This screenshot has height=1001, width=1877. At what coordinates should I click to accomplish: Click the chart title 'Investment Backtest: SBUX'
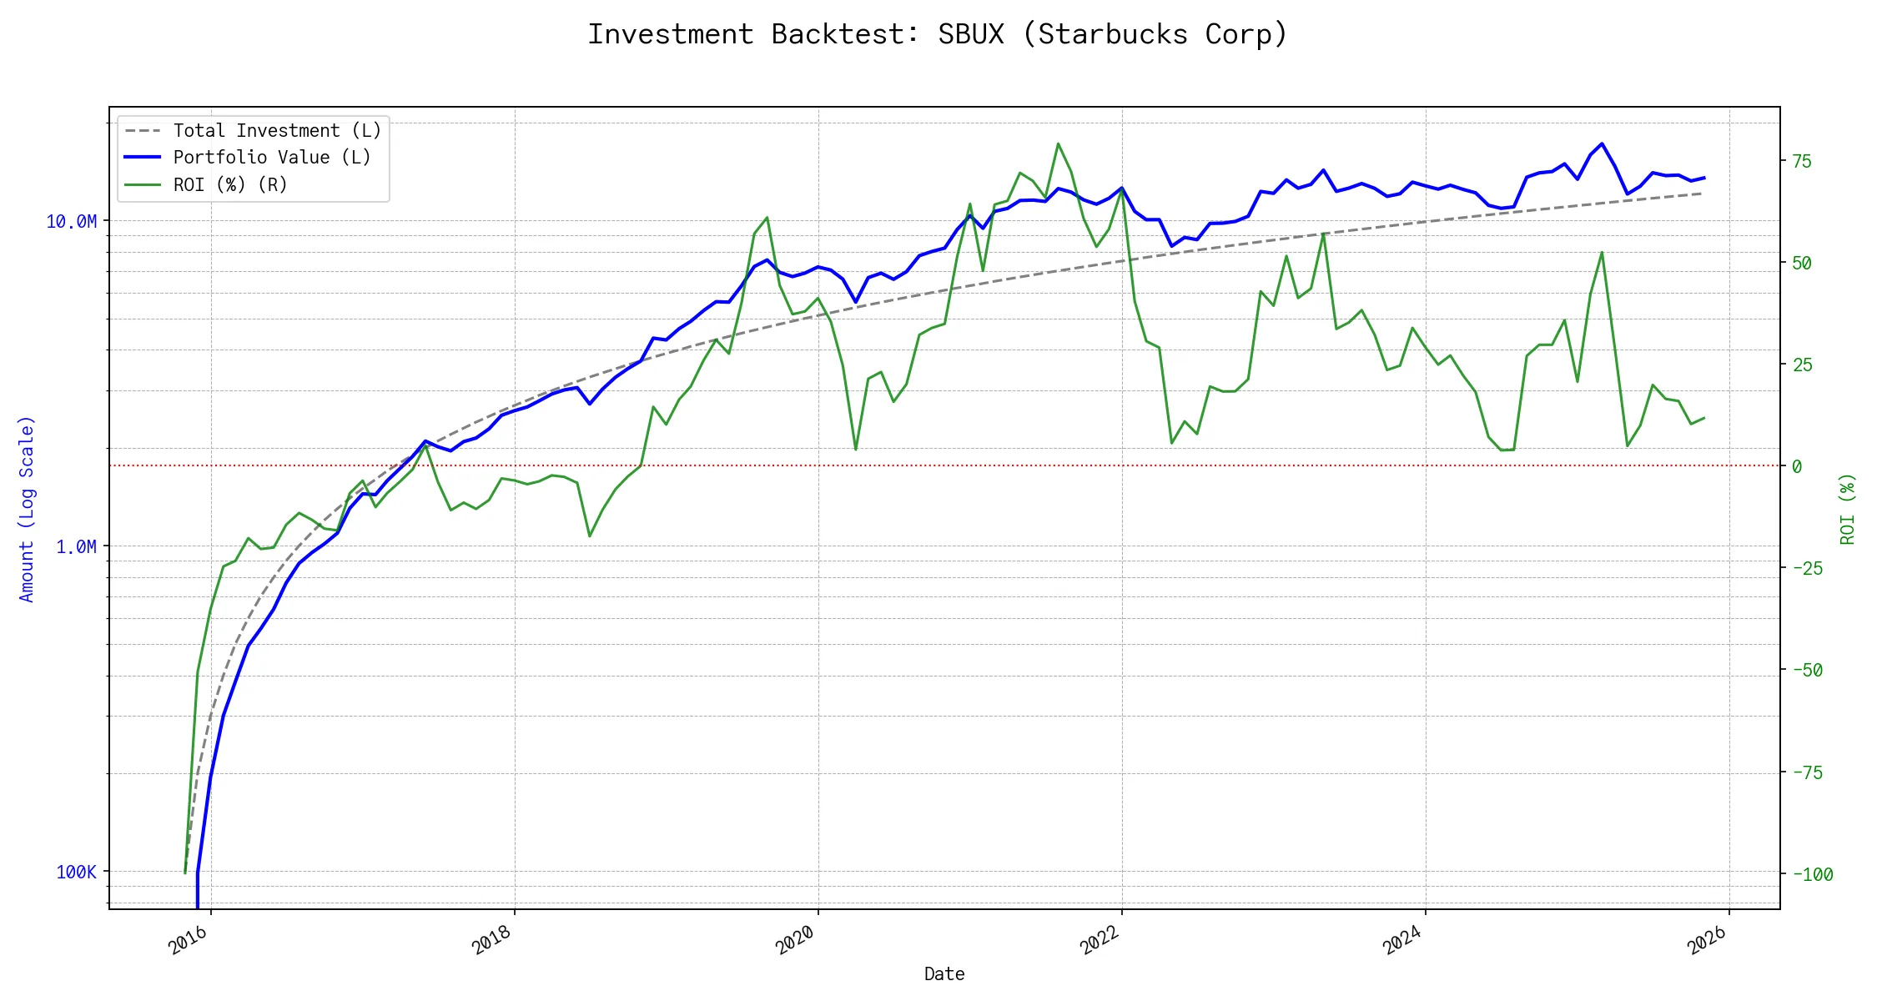click(x=938, y=34)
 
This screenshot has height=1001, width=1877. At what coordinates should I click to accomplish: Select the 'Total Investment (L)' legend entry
click(x=277, y=131)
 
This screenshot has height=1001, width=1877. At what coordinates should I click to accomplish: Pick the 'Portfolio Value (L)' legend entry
click(x=272, y=158)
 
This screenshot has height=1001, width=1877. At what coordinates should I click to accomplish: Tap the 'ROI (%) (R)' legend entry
click(x=230, y=184)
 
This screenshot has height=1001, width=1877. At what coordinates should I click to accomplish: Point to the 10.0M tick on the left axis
click(x=72, y=221)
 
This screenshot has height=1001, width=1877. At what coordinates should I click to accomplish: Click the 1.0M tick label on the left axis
click(x=76, y=546)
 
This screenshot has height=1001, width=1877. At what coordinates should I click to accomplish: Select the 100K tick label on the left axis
click(x=76, y=872)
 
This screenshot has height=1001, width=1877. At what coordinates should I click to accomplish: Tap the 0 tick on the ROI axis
click(x=1797, y=466)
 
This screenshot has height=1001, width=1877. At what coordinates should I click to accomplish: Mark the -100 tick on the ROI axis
click(x=1812, y=874)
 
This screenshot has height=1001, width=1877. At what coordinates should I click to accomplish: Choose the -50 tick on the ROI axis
click(x=1807, y=670)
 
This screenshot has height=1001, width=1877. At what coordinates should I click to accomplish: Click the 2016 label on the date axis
click(x=189, y=940)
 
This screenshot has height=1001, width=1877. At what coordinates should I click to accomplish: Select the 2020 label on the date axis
click(x=796, y=940)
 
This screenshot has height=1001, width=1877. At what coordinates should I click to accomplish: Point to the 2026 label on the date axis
click(x=1707, y=940)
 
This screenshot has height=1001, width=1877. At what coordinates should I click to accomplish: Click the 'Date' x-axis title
click(x=944, y=974)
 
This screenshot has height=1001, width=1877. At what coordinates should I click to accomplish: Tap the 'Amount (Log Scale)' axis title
click(x=27, y=509)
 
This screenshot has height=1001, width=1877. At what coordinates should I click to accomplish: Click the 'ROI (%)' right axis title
click(x=1848, y=509)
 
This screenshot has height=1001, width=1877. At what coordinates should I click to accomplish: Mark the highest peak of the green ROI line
click(x=1058, y=143)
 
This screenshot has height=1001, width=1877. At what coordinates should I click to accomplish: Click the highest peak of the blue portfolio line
click(x=1602, y=143)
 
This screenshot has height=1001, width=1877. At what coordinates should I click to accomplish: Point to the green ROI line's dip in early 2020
click(x=856, y=450)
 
